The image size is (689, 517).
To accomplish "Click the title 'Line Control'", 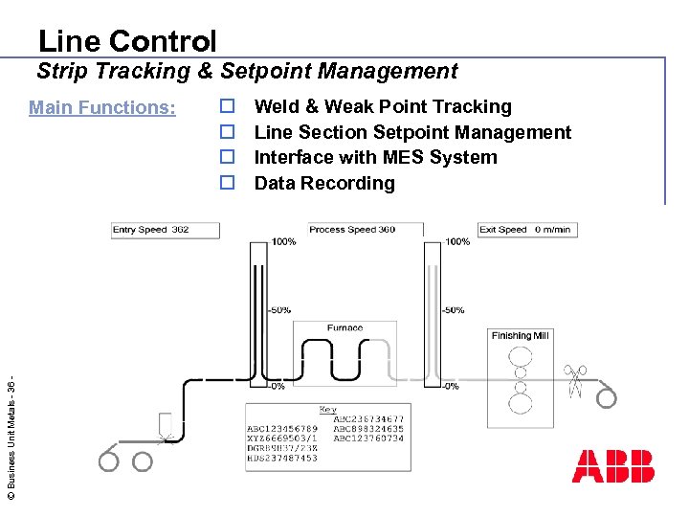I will point(127,41).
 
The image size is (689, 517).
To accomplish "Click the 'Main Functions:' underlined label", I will point(102,107).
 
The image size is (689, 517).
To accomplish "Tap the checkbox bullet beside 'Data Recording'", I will point(228,182).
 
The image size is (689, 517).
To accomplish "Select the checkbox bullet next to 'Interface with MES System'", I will point(228,157).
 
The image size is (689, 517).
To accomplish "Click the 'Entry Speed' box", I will point(166,230).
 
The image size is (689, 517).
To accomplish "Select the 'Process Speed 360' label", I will point(352,230).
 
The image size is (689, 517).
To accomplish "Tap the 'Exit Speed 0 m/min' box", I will point(525,230).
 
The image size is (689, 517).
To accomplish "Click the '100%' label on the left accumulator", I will point(282,242).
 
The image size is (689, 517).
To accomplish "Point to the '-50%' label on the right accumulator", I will point(453,310).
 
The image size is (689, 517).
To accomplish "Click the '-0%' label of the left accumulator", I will point(276,387).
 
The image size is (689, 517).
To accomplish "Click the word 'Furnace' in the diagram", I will point(344,328).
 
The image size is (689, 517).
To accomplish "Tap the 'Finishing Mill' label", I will point(520,336).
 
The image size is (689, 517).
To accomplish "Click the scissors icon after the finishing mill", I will point(574,380).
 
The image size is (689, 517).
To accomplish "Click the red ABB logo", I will point(612,465).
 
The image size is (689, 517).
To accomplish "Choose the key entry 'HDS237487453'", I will point(282,459).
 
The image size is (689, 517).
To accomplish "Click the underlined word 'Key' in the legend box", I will point(328,410).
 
